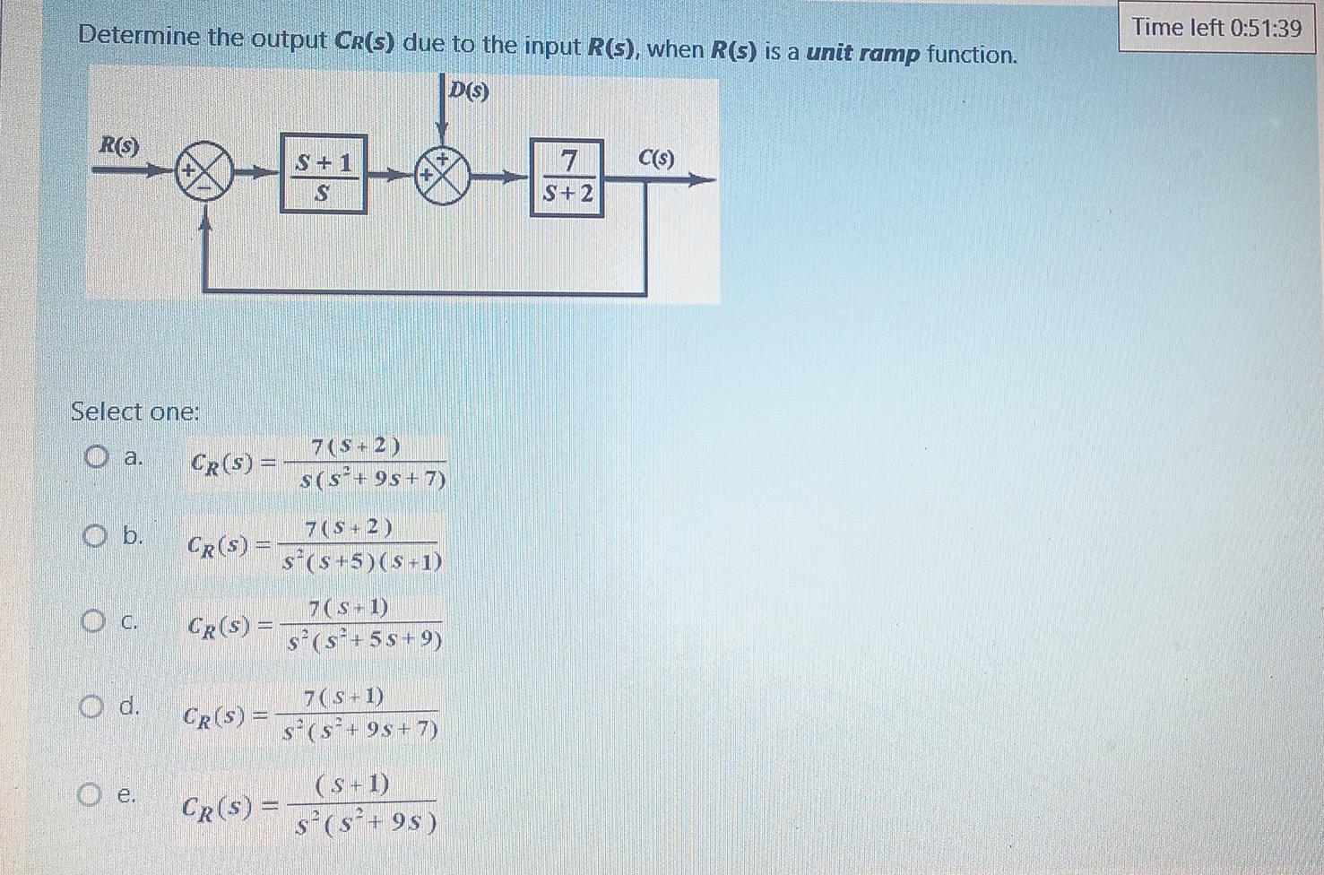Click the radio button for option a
(96, 458)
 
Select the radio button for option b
(94, 536)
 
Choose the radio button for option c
(91, 620)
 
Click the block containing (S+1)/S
(323, 174)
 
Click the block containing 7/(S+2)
(566, 177)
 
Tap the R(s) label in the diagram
(119, 145)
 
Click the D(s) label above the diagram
(470, 91)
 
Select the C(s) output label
(656, 159)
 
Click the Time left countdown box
(1216, 28)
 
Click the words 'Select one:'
(134, 412)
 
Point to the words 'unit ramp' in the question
(862, 53)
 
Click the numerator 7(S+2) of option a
(356, 446)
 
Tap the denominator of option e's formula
(366, 821)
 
